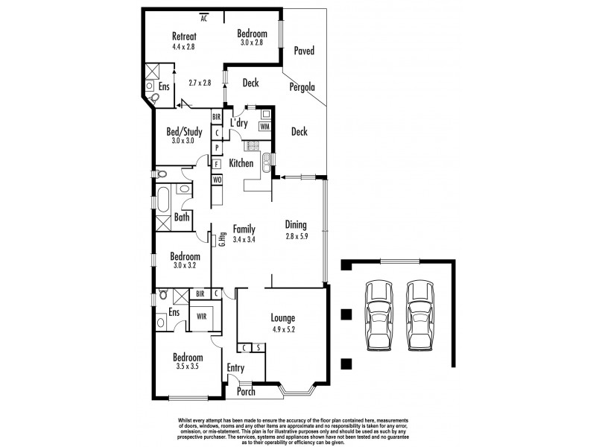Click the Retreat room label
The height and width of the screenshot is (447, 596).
click(x=183, y=36)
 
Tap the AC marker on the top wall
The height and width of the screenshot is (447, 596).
click(x=204, y=19)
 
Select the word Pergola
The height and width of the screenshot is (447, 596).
click(x=302, y=87)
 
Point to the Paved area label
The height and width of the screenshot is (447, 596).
click(x=303, y=51)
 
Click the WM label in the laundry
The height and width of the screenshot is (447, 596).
click(x=264, y=127)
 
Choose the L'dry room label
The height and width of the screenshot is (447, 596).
click(x=238, y=122)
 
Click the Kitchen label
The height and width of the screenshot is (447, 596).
click(x=241, y=163)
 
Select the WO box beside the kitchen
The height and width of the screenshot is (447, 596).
click(x=217, y=180)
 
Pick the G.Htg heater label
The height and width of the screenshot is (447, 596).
click(x=222, y=240)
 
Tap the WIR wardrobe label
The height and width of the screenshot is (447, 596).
click(x=200, y=316)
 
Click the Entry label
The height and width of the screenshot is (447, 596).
click(x=235, y=367)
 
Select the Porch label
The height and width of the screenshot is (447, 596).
click(x=246, y=392)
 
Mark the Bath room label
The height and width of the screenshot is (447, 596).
click(x=182, y=218)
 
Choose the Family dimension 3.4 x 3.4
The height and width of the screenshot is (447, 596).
click(x=244, y=240)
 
